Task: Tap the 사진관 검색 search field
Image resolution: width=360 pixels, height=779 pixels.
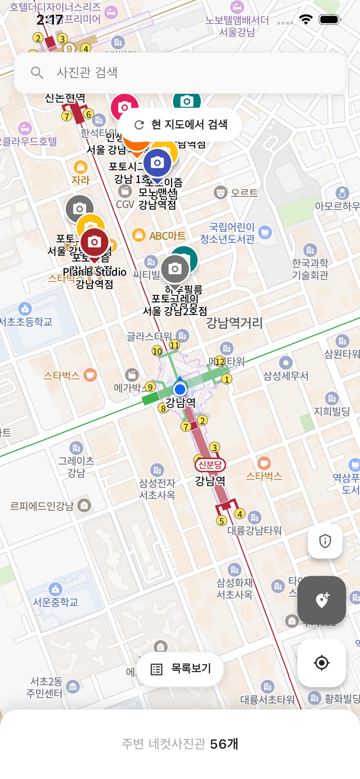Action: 180,73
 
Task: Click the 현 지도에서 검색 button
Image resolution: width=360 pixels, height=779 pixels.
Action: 180,124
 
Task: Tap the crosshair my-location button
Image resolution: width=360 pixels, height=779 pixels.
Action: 321,663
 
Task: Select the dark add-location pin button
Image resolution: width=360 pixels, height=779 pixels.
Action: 321,600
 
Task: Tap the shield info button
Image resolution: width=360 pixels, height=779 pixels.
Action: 325,541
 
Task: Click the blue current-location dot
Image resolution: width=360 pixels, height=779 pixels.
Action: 180,389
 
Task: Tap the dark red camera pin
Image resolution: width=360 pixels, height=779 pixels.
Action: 94,242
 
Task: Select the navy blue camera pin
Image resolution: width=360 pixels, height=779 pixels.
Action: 157,163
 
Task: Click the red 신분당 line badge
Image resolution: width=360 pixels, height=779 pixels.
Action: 210,465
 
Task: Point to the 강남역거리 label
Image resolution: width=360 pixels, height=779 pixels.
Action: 235,323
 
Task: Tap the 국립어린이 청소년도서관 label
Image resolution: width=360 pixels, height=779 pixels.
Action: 232,233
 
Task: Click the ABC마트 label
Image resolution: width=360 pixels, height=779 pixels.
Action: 167,236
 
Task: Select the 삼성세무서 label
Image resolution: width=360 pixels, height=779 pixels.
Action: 286,376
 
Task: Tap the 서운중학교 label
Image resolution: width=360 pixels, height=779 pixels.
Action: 55,602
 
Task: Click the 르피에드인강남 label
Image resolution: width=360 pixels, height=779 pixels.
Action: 42,506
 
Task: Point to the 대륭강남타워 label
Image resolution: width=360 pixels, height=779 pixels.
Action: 254,530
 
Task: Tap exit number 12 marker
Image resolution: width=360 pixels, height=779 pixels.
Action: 220,361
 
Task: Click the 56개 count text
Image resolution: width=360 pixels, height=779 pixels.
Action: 224,744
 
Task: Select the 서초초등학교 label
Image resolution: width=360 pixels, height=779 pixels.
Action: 26,322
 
